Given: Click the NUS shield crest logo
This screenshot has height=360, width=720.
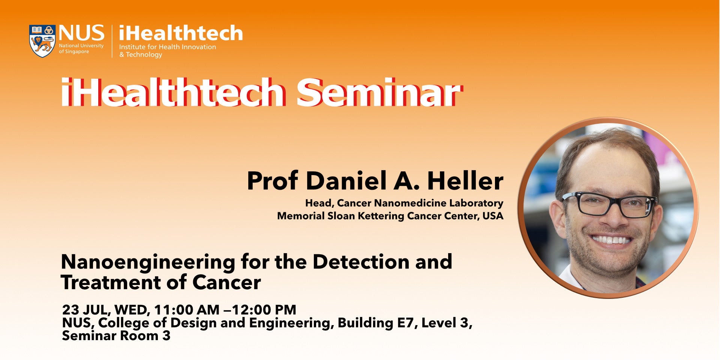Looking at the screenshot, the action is (42, 41).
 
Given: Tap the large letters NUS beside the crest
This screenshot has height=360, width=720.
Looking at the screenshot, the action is (81, 33).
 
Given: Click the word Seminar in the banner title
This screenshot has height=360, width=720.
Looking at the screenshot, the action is (379, 92).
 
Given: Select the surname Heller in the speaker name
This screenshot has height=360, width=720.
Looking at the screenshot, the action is (465, 181).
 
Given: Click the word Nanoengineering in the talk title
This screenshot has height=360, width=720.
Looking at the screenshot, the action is (148, 262).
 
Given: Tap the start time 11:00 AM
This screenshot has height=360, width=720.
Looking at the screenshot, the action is (187, 310).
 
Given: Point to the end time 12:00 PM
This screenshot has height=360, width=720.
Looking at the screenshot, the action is (264, 310).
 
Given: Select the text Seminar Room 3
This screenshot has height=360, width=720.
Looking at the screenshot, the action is (116, 336).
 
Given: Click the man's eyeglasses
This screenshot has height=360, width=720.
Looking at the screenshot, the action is (609, 205).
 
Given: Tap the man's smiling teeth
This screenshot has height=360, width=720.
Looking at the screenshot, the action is (612, 240).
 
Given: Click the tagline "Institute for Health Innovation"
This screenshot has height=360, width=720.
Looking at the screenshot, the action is (168, 47).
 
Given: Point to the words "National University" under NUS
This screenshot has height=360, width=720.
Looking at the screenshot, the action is (81, 46).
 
